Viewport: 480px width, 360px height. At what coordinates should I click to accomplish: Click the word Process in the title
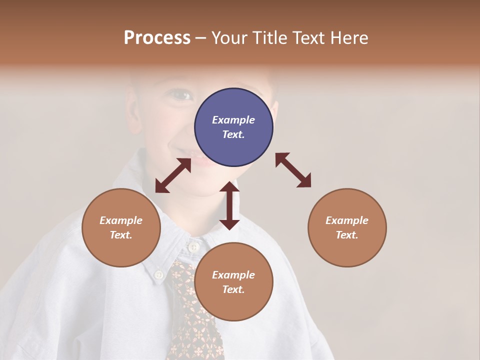point(157,38)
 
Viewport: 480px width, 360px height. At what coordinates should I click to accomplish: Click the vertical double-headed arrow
point(229,205)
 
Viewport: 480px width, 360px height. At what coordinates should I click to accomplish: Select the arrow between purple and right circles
point(293,170)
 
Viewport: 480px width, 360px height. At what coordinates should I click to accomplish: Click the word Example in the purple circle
point(233,120)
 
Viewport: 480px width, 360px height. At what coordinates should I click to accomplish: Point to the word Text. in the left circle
point(121,235)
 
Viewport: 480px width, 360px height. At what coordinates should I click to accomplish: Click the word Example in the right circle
point(347,220)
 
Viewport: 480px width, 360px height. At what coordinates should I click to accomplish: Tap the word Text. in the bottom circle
point(233,289)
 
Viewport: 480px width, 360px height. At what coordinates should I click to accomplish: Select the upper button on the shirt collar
point(193,247)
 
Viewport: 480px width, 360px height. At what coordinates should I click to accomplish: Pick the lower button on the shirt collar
point(159,274)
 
